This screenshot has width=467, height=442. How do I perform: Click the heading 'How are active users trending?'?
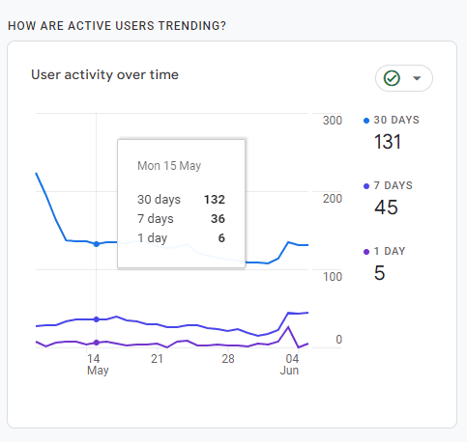point(117,24)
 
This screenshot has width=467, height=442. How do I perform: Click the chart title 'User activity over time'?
point(104,74)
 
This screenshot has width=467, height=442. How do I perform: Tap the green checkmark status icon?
point(392,78)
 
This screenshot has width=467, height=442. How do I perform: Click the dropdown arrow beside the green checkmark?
point(417,79)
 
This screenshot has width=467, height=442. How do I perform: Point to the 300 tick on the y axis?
point(333,121)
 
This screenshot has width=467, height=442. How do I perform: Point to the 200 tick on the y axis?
point(333,199)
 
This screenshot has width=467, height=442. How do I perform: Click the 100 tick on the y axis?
point(333,277)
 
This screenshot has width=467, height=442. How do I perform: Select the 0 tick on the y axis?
point(338,340)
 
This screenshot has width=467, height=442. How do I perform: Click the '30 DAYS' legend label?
point(402,121)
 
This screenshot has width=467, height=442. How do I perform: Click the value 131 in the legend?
point(388,143)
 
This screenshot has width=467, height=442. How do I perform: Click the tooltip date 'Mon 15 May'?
point(169,166)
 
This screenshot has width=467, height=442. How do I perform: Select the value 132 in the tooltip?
point(214,200)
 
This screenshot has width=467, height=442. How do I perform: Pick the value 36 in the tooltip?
point(217,219)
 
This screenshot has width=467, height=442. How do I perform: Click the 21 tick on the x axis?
point(157,358)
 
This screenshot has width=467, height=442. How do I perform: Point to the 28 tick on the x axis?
point(227,358)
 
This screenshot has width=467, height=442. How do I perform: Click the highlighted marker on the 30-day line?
point(96,244)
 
